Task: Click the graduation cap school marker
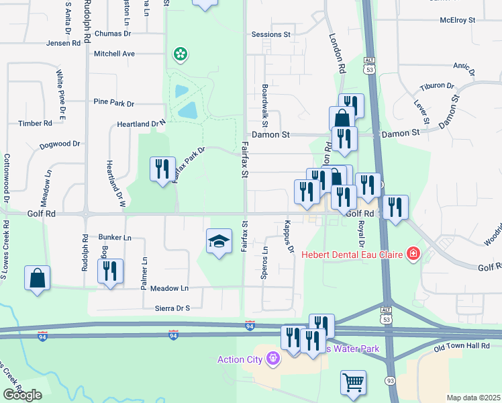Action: [219, 241]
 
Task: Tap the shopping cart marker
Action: [353, 383]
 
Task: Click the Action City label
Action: [240, 359]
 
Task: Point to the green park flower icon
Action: [180, 54]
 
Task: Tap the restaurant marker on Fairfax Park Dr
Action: [162, 169]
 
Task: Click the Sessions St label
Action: [270, 34]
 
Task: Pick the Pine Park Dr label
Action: [114, 103]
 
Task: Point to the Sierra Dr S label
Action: [169, 308]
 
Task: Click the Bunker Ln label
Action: [115, 237]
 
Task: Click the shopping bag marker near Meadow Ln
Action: [37, 279]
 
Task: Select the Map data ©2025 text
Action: [472, 398]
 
